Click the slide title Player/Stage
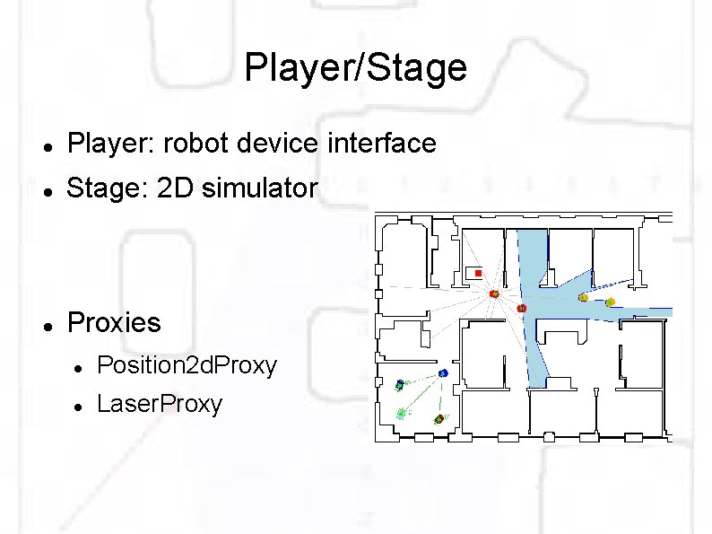coord(355,68)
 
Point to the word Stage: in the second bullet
coord(98,188)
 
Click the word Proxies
coord(114,323)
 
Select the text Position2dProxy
coord(187,365)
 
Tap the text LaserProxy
coord(159,405)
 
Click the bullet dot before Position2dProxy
coord(79,368)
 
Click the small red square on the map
coord(479,273)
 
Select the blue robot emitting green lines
coord(443,373)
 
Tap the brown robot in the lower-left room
coord(439,419)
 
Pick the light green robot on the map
coord(401,414)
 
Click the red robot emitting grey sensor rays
coord(493,293)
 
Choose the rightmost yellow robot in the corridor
coord(611,302)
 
